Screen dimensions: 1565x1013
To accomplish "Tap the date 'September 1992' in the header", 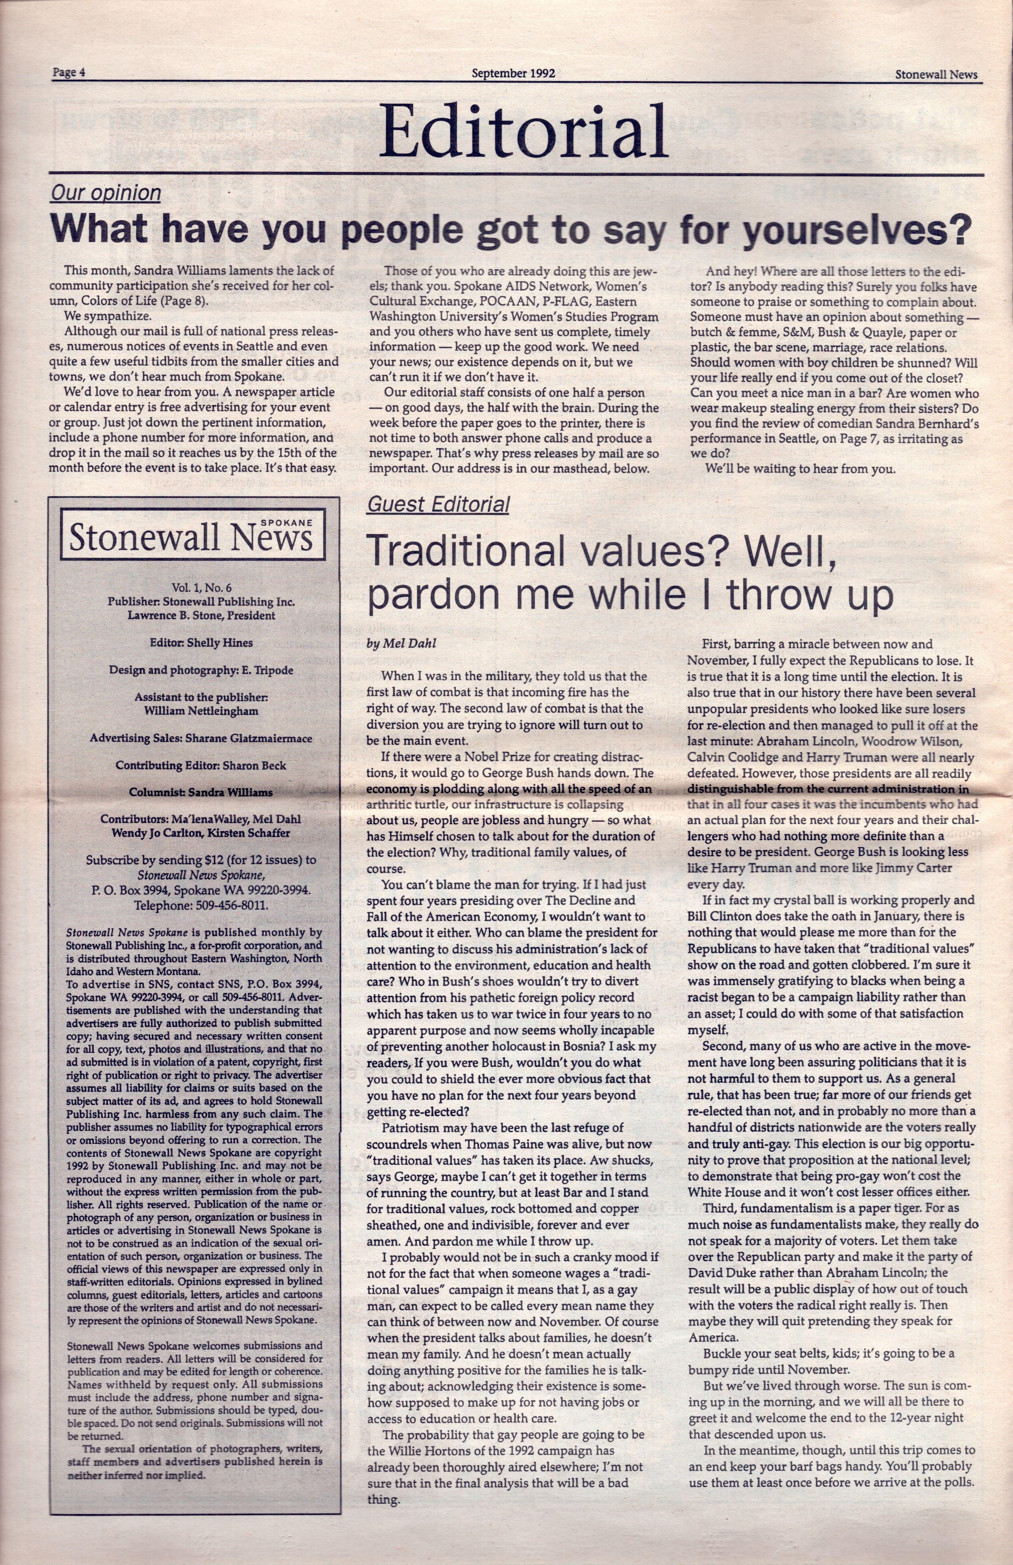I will pyautogui.click(x=513, y=73).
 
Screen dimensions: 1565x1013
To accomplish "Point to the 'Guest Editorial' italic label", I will pyautogui.click(x=438, y=504).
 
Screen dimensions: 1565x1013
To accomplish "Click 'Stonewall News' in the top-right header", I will pyautogui.click(x=936, y=74).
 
